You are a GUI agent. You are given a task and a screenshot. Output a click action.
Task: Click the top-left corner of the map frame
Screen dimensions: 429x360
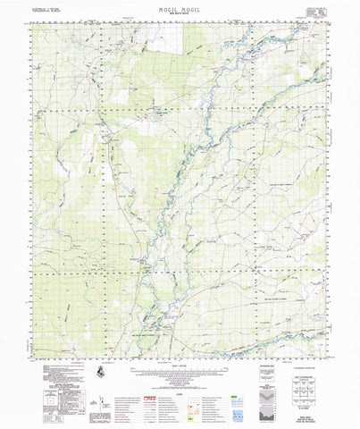point(32,24)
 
